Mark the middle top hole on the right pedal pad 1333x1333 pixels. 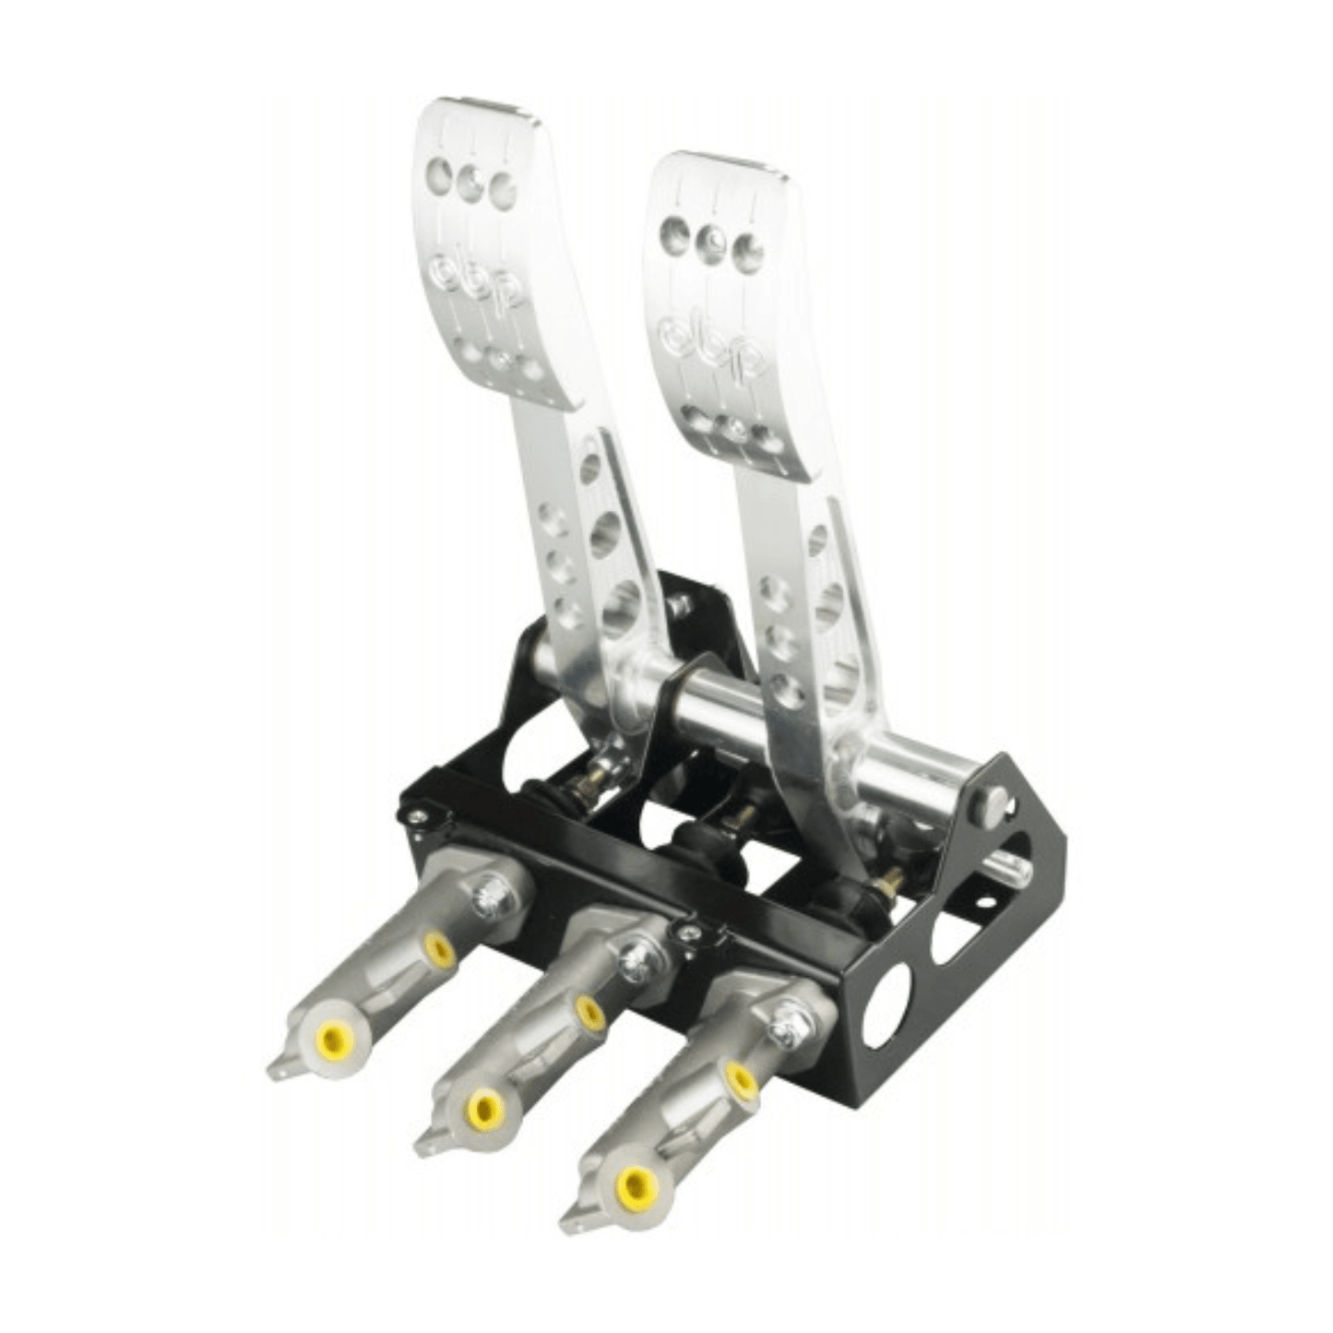(710, 240)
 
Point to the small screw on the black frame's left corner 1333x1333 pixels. (416, 814)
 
